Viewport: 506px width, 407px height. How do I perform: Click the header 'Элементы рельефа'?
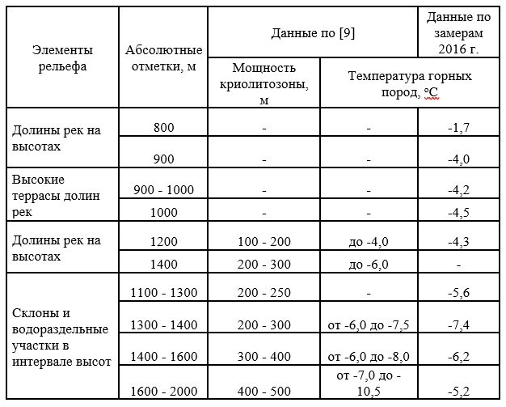tap(63, 58)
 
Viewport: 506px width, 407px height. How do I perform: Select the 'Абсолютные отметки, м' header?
tap(162, 58)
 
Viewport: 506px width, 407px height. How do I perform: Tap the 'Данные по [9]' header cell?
tap(313, 32)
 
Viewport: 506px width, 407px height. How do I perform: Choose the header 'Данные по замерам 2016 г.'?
tap(458, 32)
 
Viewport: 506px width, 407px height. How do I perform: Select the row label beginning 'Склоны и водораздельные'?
tap(61, 336)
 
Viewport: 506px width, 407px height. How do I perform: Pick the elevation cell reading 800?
tap(162, 127)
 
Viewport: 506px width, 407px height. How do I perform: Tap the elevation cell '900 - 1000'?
tap(162, 189)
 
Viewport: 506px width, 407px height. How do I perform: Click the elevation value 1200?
tap(162, 240)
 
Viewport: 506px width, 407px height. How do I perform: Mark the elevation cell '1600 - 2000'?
tap(162, 392)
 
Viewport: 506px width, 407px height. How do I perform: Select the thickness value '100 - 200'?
tap(264, 240)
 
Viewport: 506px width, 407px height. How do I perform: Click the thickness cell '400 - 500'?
tap(264, 392)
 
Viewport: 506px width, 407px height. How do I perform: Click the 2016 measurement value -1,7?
tap(458, 127)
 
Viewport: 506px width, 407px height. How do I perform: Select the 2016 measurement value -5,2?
tap(458, 392)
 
